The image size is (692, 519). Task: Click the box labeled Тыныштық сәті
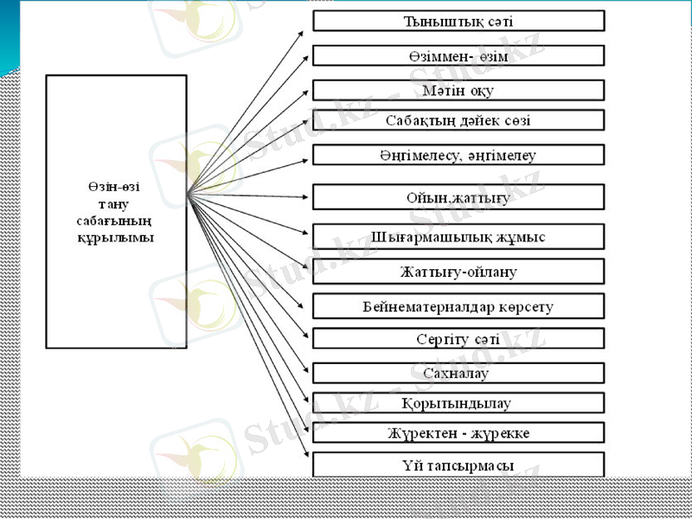coord(458,21)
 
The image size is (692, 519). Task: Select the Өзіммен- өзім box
coord(458,55)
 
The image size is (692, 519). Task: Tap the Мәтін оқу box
coord(458,90)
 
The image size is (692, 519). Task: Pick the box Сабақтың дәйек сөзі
coord(458,119)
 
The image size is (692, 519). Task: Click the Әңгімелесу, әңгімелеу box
coord(458,155)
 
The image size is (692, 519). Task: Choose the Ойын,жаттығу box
coord(458,196)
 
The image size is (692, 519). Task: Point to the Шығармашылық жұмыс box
coord(458,236)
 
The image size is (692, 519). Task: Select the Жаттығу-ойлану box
coord(458,272)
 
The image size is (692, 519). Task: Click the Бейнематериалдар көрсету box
coord(458,306)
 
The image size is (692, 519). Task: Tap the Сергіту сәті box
coord(458,338)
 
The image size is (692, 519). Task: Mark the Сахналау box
coord(458,373)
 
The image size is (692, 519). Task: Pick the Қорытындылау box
coord(458,403)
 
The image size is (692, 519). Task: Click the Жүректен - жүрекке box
coord(458,432)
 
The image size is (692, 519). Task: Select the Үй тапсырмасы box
coord(458,465)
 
